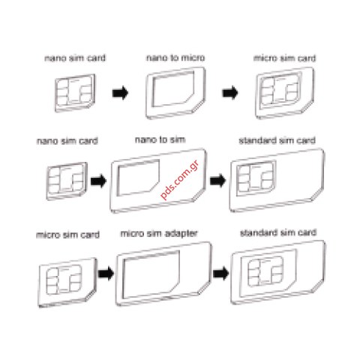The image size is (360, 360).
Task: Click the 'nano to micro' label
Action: click(x=175, y=58)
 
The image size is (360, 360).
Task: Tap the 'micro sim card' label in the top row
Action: click(x=284, y=58)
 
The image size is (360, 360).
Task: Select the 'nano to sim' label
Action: click(x=160, y=139)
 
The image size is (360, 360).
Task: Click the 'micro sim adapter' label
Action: click(x=159, y=233)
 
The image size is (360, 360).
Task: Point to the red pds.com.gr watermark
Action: click(x=179, y=180)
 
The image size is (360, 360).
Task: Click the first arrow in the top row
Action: click(x=120, y=93)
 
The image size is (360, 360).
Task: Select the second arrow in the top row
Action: click(x=230, y=93)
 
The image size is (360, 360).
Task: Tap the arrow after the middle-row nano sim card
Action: click(x=98, y=181)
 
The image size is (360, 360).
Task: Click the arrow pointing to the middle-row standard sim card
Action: click(x=217, y=181)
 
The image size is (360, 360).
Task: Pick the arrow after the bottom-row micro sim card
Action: click(x=106, y=274)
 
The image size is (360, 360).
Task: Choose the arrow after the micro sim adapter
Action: click(x=221, y=273)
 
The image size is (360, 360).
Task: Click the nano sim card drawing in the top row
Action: click(x=75, y=93)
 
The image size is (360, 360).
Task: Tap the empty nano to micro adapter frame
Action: click(x=175, y=93)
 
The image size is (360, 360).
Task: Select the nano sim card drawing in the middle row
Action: click(x=67, y=181)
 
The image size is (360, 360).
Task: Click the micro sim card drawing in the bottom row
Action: click(x=67, y=283)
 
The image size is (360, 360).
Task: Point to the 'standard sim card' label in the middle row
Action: click(x=277, y=140)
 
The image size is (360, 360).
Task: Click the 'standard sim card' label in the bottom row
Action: click(x=278, y=232)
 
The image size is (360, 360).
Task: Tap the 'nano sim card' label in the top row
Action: click(x=75, y=58)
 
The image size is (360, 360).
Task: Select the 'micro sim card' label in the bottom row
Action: click(x=68, y=235)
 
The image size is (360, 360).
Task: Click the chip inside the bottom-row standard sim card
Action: click(x=265, y=271)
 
